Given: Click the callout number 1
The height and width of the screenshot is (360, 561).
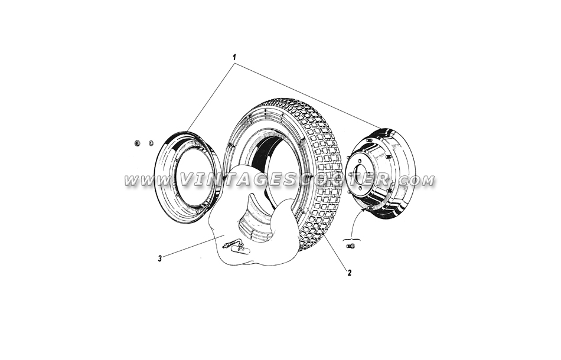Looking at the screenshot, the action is pyautogui.click(x=234, y=57).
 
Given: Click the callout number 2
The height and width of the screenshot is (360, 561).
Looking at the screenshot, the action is pyautogui.click(x=349, y=273).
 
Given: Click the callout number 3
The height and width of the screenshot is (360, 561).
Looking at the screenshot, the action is pyautogui.click(x=160, y=258).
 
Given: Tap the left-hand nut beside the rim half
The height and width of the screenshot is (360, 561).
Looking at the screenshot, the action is pyautogui.click(x=136, y=143).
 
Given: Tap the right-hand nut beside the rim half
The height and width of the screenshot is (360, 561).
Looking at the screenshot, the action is pyautogui.click(x=151, y=143).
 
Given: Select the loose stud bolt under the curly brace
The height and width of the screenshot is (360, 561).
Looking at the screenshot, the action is pyautogui.click(x=350, y=246).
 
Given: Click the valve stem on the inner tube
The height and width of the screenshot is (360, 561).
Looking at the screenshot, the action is pyautogui.click(x=229, y=244).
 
